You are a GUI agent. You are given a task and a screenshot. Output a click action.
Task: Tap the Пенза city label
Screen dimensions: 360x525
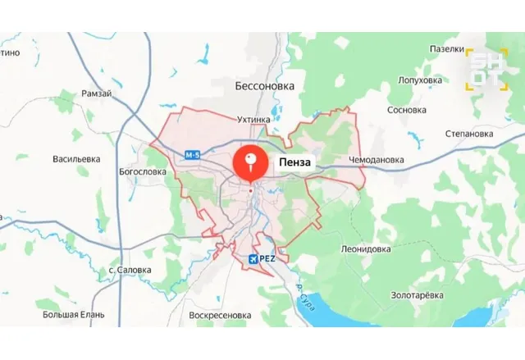(x=294, y=162)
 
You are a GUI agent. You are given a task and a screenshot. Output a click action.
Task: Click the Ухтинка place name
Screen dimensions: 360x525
(x=253, y=119)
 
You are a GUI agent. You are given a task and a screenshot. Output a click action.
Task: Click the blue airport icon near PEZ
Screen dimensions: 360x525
(x=253, y=259)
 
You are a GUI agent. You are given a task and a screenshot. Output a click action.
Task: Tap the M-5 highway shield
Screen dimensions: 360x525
(x=193, y=155)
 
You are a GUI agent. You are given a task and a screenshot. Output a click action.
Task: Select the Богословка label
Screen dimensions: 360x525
(x=142, y=172)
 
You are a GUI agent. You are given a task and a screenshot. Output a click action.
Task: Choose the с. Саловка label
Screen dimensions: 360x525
(x=130, y=269)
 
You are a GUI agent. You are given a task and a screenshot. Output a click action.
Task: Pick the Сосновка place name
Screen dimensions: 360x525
(x=407, y=110)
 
